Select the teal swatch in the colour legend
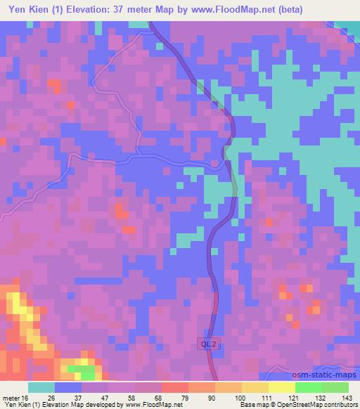tap(41, 387)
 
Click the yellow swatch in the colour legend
tap(282, 387)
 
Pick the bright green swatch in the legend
tap(309, 387)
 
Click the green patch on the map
tap(83, 370)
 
